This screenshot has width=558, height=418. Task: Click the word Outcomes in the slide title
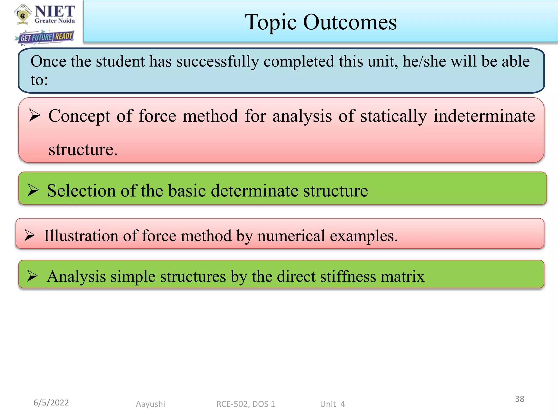pos(350,22)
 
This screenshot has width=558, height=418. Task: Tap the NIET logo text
pos(55,11)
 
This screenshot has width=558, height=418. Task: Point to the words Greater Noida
pos(55,21)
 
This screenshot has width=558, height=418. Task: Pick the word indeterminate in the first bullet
pos(484,116)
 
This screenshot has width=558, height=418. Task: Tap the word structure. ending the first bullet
pos(83,150)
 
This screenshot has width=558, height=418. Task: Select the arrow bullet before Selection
pos(33,190)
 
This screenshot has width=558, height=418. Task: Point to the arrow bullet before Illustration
pos(30,235)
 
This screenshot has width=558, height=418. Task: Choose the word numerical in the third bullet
pos(291,236)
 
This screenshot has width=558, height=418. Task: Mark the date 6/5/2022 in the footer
pos(51,402)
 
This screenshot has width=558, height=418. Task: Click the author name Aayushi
pos(150,404)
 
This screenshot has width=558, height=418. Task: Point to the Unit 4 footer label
pos(332,404)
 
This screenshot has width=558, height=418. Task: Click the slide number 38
pos(520,399)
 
